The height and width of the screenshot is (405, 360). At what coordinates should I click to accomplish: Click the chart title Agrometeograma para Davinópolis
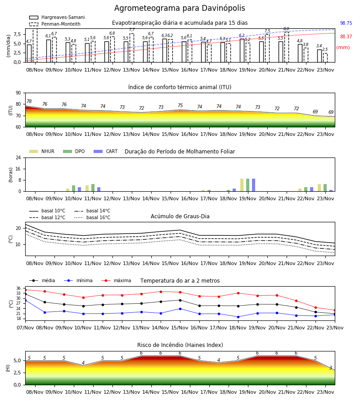point(180,8)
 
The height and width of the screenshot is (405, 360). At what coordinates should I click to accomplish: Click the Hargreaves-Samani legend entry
point(57,17)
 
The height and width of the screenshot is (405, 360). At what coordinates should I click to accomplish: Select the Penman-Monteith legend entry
point(55,24)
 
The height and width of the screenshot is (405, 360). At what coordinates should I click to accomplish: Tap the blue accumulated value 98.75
point(346,23)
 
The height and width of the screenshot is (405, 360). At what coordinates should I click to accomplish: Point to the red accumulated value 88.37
point(346,36)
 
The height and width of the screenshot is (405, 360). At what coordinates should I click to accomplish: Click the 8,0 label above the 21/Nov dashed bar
point(286,29)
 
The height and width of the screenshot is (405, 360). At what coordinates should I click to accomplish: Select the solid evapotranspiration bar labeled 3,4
point(319,56)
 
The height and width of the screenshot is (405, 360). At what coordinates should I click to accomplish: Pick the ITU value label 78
point(29,101)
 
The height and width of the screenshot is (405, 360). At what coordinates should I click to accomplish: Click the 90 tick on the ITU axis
point(18,93)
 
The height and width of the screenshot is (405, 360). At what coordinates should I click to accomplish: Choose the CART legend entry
point(106,151)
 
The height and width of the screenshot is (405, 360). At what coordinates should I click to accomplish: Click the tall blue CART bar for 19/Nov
point(254,185)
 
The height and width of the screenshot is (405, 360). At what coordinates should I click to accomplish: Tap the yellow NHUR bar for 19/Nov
point(242,185)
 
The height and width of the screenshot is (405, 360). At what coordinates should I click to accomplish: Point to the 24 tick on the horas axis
point(18,157)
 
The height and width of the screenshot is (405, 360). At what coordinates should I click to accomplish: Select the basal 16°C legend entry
point(92,217)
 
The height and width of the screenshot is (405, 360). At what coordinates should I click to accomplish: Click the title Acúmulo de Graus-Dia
point(180,216)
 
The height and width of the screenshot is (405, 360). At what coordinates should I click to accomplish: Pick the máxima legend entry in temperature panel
point(117,280)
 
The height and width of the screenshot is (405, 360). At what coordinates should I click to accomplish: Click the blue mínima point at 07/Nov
point(25,300)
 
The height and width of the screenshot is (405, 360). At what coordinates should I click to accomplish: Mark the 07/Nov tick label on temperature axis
point(25,328)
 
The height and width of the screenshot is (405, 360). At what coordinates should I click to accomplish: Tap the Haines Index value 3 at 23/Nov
point(331,368)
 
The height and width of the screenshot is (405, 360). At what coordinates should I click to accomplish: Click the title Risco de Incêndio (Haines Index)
point(180,345)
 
